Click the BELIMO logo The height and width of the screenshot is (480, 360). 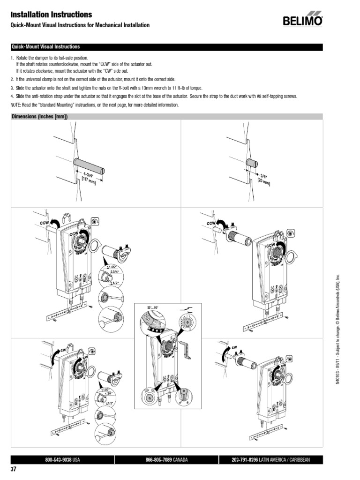[x=302, y=21]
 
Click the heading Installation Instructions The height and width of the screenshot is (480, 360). [x=51, y=15]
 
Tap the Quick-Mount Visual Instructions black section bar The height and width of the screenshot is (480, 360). [x=166, y=47]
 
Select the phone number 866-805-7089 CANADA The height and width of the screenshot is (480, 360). [x=166, y=460]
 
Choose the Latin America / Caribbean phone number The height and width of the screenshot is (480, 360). [x=270, y=460]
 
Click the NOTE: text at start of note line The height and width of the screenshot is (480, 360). [x=17, y=105]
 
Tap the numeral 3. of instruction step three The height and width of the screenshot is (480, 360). [x=12, y=88]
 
